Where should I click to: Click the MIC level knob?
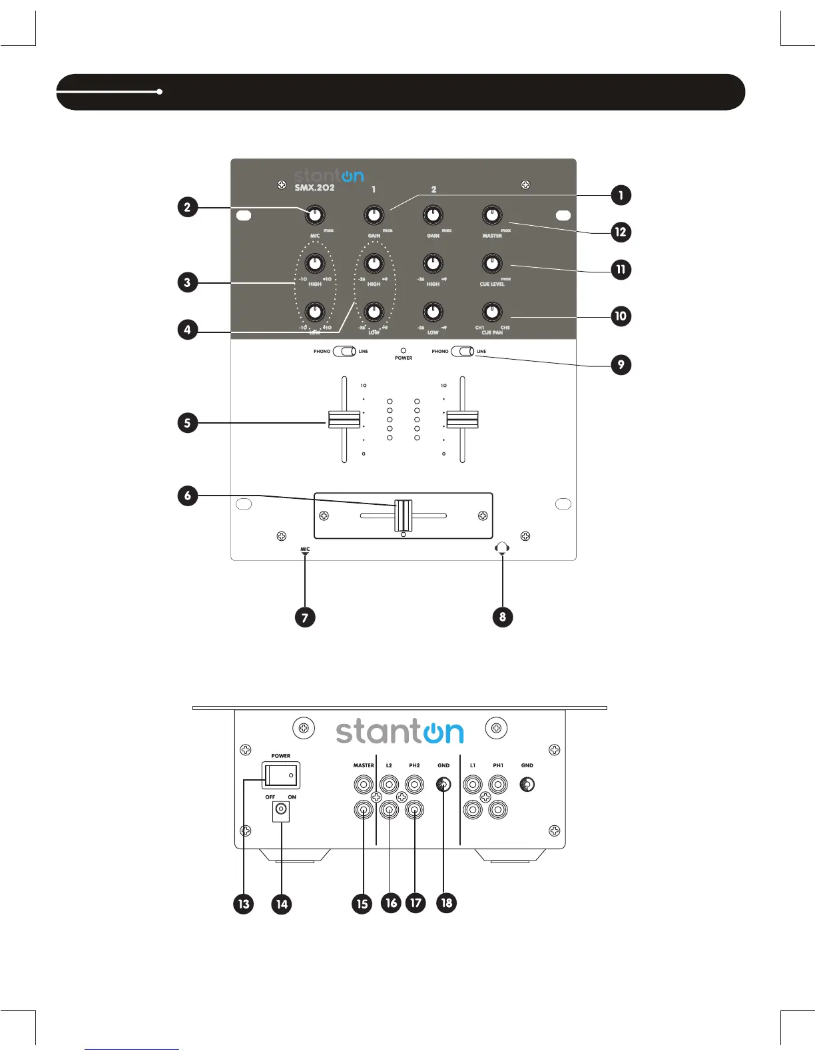click(315, 215)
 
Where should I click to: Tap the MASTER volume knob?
click(491, 214)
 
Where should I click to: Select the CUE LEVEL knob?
click(491, 263)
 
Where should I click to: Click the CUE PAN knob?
click(491, 311)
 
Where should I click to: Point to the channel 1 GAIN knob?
click(374, 214)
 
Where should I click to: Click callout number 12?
click(621, 232)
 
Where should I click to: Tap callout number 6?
click(188, 496)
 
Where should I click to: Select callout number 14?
click(282, 904)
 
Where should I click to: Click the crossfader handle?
click(404, 515)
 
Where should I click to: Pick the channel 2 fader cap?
click(462, 420)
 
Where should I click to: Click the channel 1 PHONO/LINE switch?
click(344, 351)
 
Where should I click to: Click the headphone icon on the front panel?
click(502, 548)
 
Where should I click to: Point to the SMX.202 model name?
click(314, 188)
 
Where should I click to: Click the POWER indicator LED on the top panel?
click(404, 350)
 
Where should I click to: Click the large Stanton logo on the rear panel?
click(400, 731)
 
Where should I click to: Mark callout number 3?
click(188, 282)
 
